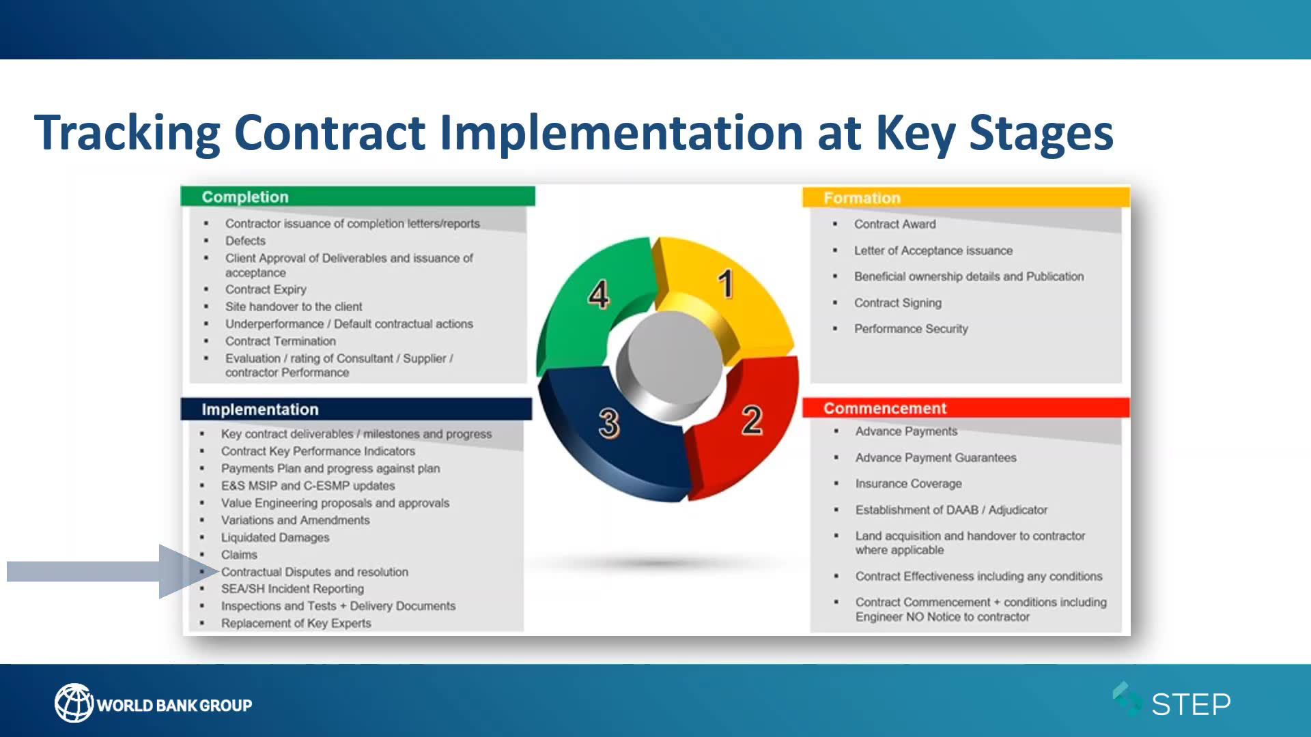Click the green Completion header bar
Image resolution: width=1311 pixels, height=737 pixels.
358,197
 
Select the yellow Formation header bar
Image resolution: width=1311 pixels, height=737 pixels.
966,198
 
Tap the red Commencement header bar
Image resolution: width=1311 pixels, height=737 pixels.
966,408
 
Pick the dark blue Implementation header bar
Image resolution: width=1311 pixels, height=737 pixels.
356,409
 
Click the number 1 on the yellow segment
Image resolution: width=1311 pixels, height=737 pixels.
726,283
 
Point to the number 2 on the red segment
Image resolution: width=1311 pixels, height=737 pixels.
752,420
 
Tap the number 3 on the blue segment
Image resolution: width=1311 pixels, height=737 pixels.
608,423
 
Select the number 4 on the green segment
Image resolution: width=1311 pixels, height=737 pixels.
598,295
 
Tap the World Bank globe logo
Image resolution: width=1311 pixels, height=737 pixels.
73,703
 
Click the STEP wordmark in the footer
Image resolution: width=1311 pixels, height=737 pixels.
1191,704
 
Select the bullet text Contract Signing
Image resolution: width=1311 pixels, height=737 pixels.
897,303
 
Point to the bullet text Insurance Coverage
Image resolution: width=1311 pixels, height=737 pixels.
908,484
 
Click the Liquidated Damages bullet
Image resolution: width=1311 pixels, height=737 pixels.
274,538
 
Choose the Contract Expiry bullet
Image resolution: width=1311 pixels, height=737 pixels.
266,289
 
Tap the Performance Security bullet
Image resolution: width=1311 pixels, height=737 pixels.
911,329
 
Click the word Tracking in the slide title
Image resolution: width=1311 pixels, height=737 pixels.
128,132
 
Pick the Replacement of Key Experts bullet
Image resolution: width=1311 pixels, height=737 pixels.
296,623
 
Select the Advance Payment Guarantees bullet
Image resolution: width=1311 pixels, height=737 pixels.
935,458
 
